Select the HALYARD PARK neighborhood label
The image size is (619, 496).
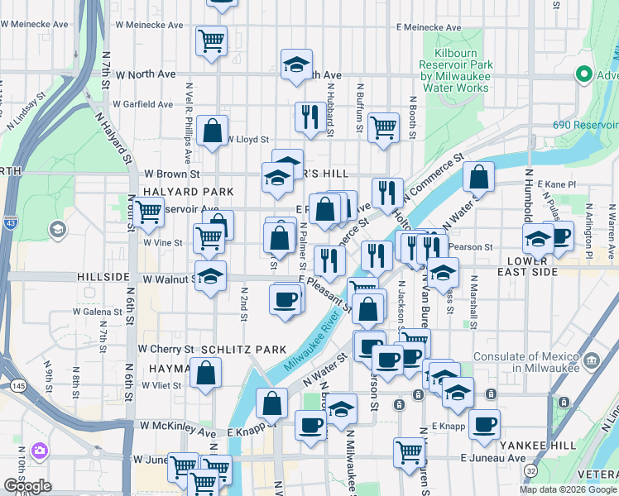point(179,191)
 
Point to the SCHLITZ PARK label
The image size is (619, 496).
point(242,350)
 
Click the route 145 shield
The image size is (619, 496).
point(17,385)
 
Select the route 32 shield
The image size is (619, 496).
point(530,470)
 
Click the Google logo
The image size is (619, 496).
point(27,486)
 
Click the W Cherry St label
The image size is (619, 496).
point(166,350)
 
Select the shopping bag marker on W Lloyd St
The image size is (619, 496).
point(213,131)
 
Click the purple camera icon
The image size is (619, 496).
point(38,451)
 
